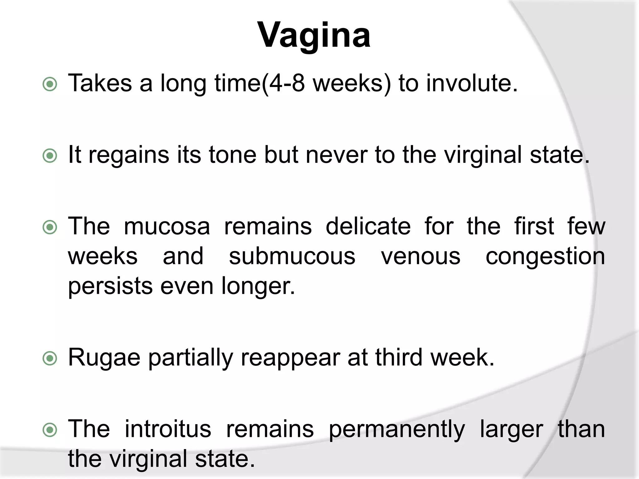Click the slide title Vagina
coord(314,35)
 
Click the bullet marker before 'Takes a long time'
coord(50,84)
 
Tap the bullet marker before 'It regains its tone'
coord(50,156)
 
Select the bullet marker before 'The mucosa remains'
coord(50,227)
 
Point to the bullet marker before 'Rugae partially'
coord(50,358)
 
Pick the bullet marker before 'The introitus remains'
coord(50,430)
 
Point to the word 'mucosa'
coord(167,226)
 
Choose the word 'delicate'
coord(368,226)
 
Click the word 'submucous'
coord(292,256)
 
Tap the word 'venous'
coord(421,256)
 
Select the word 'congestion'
coord(545,257)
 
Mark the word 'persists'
coord(110,286)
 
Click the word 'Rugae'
coord(104,358)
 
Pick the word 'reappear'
coord(290,358)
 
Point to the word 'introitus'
coord(168,429)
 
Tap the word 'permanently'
coord(397,430)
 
